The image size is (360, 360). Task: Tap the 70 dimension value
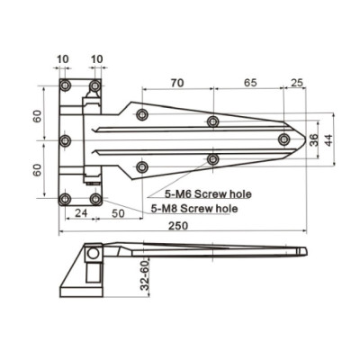point(176,82)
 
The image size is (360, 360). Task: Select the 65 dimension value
point(249,82)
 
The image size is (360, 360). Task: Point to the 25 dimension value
point(296,82)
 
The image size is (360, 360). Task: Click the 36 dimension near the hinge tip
point(313,139)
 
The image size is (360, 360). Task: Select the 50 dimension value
point(118,214)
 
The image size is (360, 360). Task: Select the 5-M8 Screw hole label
point(194,208)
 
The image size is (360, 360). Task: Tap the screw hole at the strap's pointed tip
point(283,139)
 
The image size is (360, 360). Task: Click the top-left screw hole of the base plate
point(65,85)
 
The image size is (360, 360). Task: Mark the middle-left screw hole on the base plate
point(65,141)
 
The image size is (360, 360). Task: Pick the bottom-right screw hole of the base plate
point(95,198)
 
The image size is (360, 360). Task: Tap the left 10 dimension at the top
point(61,59)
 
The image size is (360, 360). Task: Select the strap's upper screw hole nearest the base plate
point(142,114)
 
